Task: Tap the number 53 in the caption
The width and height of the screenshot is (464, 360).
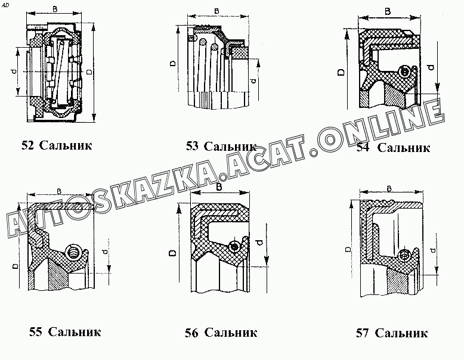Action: tap(193, 146)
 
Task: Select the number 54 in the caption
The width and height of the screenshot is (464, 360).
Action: tap(363, 148)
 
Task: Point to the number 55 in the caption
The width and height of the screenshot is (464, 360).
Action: tap(35, 332)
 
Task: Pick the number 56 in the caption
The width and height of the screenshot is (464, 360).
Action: tap(191, 333)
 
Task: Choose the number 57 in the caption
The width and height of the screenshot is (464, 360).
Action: tap(363, 333)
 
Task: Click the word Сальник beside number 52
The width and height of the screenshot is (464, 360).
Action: tap(66, 145)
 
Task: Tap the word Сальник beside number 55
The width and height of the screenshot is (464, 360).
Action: tap(74, 332)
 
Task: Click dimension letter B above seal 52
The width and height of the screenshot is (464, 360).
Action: tap(55, 9)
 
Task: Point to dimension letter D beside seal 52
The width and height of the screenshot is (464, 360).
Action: tap(89, 72)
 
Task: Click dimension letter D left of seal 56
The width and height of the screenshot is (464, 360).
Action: tap(172, 253)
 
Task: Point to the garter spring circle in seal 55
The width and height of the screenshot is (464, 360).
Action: tap(74, 252)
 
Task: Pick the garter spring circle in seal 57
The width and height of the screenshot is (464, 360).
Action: tap(406, 255)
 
